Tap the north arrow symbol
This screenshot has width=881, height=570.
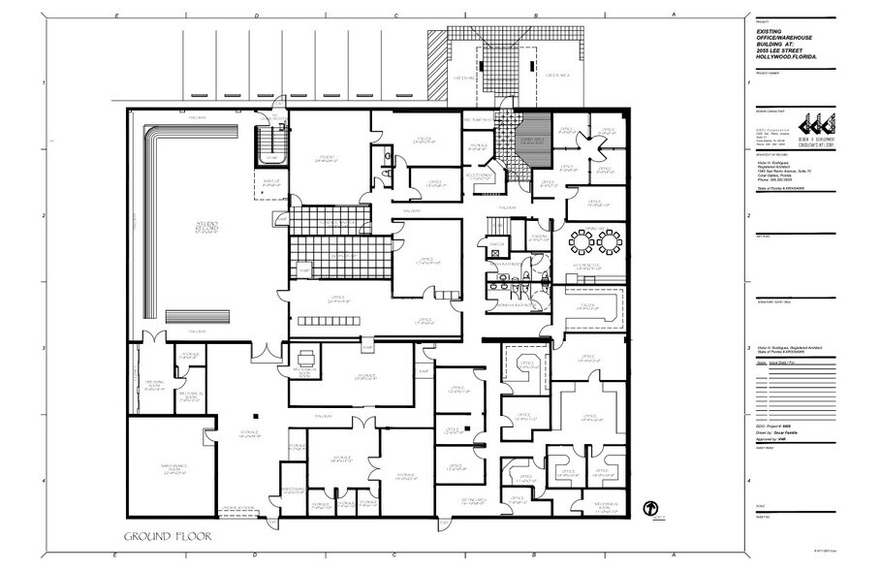651,508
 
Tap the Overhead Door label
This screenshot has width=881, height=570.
237,507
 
